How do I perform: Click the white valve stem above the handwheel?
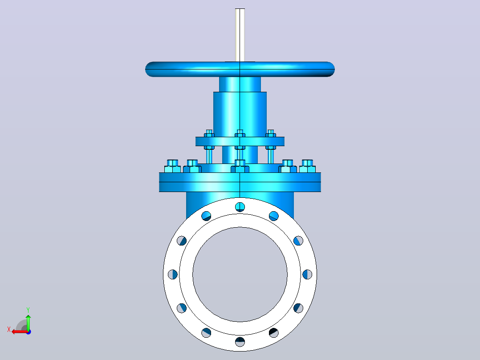tap(240, 35)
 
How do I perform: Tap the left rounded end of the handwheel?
tap(150, 69)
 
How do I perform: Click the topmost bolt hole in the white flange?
tap(240, 207)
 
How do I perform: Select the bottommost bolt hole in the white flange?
tap(240, 342)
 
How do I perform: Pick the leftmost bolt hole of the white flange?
tap(173, 274)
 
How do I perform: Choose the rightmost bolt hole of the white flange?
tap(307, 274)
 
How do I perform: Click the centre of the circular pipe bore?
tap(240, 274)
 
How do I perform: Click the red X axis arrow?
tap(20, 332)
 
